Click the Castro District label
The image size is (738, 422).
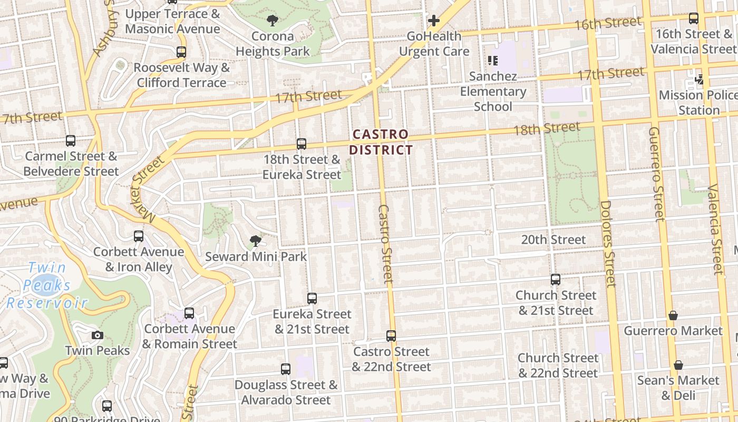[x=381, y=142]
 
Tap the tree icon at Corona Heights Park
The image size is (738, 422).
[x=273, y=21]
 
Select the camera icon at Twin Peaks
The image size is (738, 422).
[x=97, y=335]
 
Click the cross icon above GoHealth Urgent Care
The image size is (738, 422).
[x=434, y=21]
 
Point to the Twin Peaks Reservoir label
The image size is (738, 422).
[x=46, y=285]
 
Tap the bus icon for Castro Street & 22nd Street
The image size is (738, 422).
[x=391, y=336]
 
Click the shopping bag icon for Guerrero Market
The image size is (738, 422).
[x=673, y=315]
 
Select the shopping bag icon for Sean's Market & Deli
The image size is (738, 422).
[x=678, y=365]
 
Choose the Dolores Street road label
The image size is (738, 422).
[x=608, y=244]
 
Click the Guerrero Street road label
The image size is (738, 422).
[x=656, y=174]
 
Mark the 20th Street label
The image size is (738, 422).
[x=553, y=239]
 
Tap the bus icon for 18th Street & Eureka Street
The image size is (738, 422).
[x=302, y=143]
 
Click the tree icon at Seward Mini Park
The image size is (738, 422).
[x=256, y=241]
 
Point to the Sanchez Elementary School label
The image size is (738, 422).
[x=493, y=91]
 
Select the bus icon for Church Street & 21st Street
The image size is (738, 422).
[x=556, y=280]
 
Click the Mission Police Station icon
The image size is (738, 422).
[x=700, y=80]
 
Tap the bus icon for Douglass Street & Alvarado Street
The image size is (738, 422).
[x=286, y=369]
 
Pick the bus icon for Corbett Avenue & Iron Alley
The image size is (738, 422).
[x=139, y=236]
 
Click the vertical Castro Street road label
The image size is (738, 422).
[x=385, y=244]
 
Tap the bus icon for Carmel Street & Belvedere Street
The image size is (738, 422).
[x=71, y=141]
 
